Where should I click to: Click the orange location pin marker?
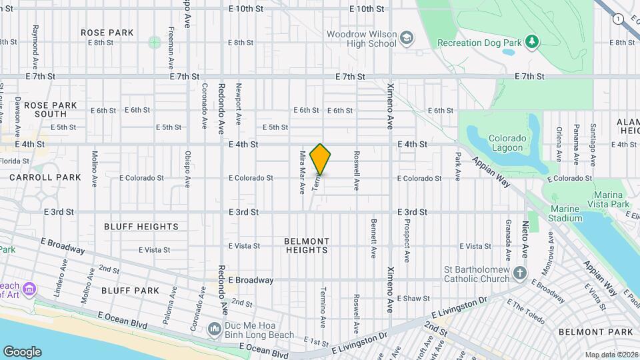tap(321, 159)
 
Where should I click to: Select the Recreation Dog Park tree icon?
tap(531, 42)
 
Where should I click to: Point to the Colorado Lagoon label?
tap(508, 143)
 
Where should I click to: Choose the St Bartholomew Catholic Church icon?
tap(520, 273)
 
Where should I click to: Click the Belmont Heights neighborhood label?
tap(307, 245)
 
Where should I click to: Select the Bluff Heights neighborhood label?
tap(141, 227)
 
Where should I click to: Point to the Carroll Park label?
tap(45, 177)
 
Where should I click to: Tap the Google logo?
tap(22, 351)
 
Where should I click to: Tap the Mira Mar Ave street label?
tap(302, 171)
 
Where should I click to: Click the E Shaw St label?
tap(414, 298)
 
